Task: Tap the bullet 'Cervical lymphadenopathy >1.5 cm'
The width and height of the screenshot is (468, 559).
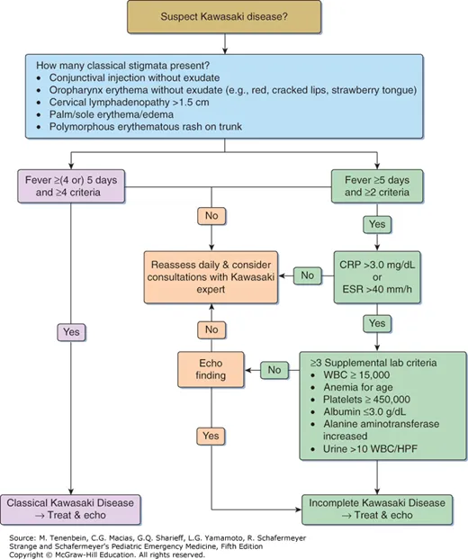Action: (x=126, y=104)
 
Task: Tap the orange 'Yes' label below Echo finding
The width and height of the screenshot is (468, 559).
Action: (x=211, y=435)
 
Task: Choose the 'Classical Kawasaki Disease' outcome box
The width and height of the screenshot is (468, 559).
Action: (x=70, y=506)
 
